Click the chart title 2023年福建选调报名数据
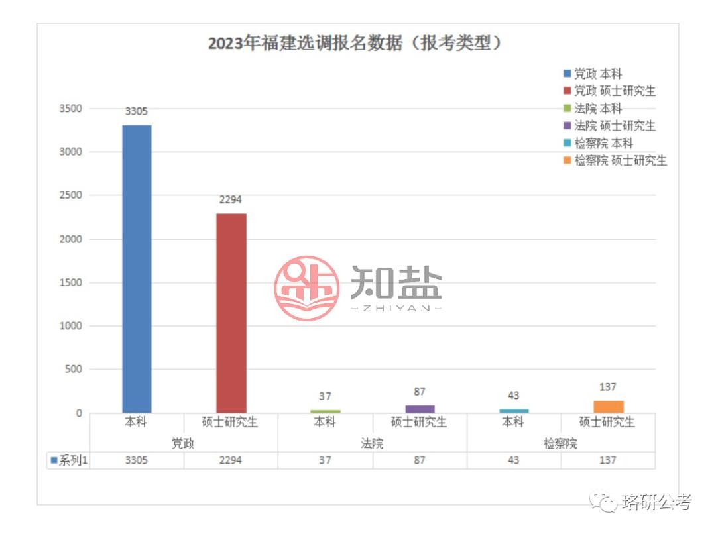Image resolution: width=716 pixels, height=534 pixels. point(355,44)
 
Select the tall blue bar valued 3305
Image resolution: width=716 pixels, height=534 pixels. point(137,268)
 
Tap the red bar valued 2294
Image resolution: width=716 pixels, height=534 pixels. point(231,313)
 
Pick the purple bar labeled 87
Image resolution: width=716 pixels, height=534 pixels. point(420,409)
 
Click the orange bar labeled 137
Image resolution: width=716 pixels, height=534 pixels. point(608,407)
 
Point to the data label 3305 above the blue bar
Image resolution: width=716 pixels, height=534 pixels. point(137,111)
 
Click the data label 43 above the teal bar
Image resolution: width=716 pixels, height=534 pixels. point(513,396)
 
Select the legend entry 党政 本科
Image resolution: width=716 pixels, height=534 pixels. point(597,74)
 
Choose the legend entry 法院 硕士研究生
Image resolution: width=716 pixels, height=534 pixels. point(614,125)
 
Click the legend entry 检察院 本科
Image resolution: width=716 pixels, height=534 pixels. point(603,142)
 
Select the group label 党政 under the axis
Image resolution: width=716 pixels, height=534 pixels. point(183,443)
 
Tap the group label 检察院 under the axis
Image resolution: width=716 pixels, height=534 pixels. point(560,443)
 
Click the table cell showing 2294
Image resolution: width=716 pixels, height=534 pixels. point(231,460)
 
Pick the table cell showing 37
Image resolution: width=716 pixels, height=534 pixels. point(325,460)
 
